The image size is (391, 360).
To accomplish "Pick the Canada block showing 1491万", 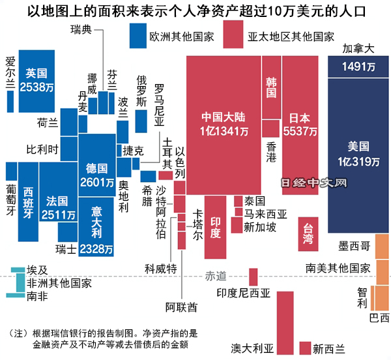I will [x=358, y=66].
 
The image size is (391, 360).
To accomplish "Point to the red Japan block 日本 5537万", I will [x=300, y=124].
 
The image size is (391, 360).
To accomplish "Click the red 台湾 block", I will [x=308, y=235].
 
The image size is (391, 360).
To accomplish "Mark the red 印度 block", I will [x=216, y=225].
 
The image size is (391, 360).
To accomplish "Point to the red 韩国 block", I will [x=271, y=88].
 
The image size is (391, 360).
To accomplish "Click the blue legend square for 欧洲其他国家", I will [x=138, y=35].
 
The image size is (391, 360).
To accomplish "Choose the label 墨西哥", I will [x=355, y=246].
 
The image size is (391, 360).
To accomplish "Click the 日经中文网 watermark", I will [x=313, y=185].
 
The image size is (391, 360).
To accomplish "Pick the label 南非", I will [x=37, y=296].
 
